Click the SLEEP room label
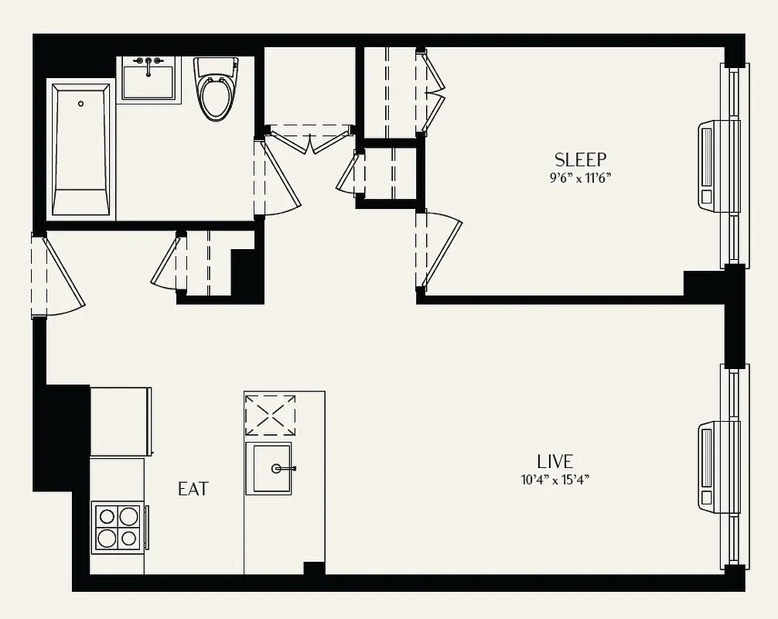(580, 159)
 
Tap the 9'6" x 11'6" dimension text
(580, 177)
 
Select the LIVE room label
(554, 461)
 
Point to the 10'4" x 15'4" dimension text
(554, 479)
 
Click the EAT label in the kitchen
(193, 489)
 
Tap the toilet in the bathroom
(216, 90)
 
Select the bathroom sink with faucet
(149, 80)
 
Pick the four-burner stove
(118, 527)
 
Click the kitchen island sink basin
(268, 468)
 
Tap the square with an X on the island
(270, 415)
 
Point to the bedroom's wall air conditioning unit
(709, 164)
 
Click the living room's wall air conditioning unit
(709, 465)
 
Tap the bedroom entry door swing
(439, 252)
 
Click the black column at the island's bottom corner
(314, 569)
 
